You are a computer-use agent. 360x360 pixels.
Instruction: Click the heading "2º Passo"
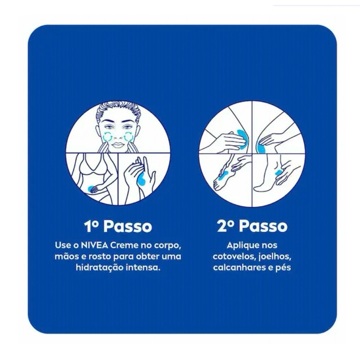pyautogui.click(x=252, y=226)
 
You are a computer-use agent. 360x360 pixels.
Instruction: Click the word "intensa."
pyautogui.click(x=143, y=267)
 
